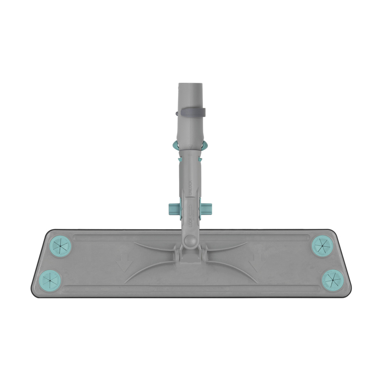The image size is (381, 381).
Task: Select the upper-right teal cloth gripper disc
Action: coord(322,246)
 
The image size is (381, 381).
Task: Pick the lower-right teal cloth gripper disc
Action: coord(333,280)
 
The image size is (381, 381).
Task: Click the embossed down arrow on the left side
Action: coord(124,263)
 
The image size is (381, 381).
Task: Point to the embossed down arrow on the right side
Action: coord(257,263)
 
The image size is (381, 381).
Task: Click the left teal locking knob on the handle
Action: coord(174,208)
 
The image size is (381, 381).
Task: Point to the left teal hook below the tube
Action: coord(176,146)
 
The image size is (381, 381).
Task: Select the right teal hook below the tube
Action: coord(204,146)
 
